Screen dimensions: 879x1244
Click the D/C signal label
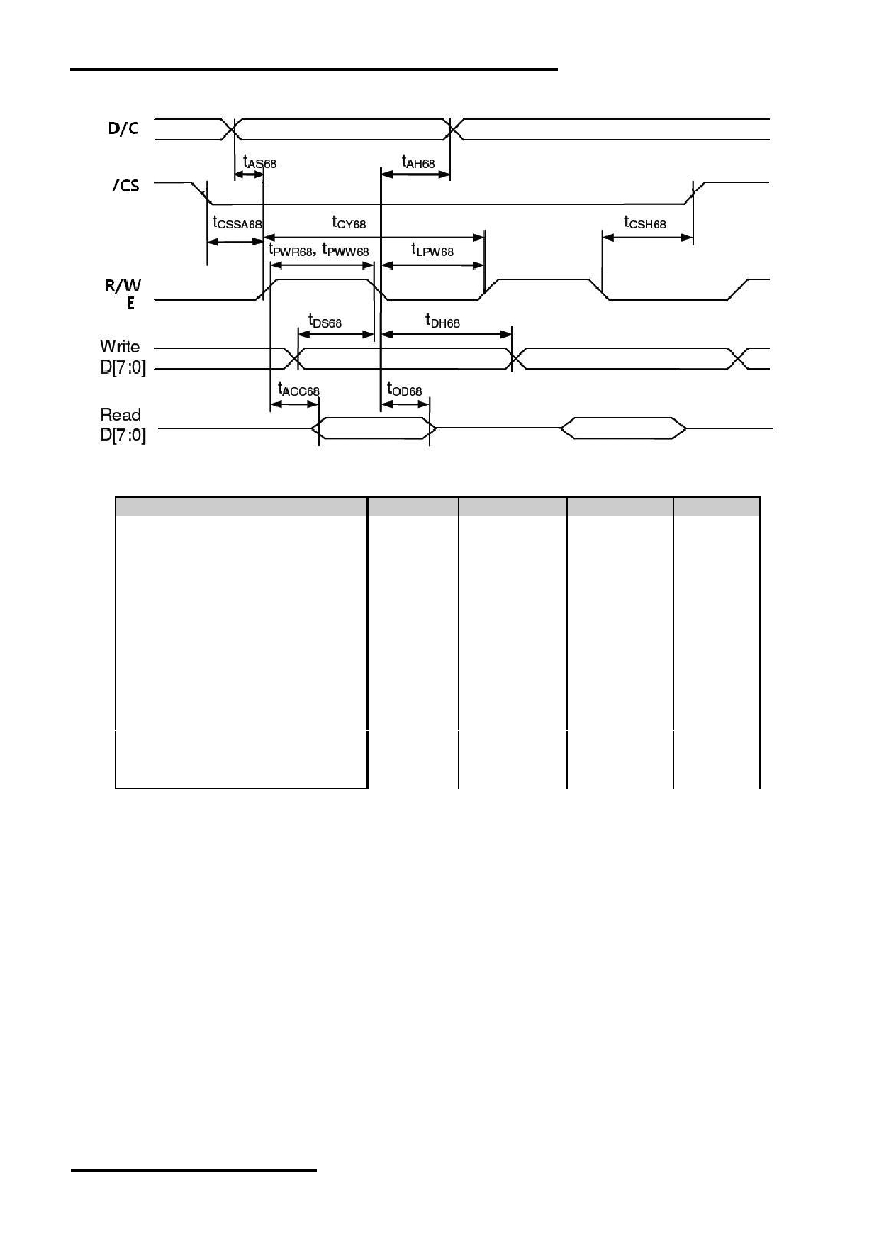(123, 128)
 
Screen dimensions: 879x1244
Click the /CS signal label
(125, 186)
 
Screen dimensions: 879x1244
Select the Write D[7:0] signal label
(123, 357)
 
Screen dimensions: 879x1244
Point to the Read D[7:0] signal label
(123, 425)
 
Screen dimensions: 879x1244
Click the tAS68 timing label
(259, 162)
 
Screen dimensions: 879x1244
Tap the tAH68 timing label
(418, 162)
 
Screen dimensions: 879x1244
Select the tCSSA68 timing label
(237, 222)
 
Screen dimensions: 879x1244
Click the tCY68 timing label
(349, 222)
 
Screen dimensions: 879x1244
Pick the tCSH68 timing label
(645, 222)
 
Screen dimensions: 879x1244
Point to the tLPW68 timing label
(432, 250)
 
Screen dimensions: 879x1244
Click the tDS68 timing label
(325, 321)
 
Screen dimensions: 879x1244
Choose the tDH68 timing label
(442, 321)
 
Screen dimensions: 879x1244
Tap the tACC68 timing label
(298, 389)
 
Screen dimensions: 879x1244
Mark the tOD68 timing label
(404, 389)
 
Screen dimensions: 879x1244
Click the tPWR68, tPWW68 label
(319, 250)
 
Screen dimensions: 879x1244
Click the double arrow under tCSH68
(647, 238)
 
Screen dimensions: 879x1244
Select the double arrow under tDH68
(447, 334)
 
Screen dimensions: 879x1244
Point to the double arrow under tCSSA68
(235, 242)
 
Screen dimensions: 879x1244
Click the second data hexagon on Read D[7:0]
(624, 428)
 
